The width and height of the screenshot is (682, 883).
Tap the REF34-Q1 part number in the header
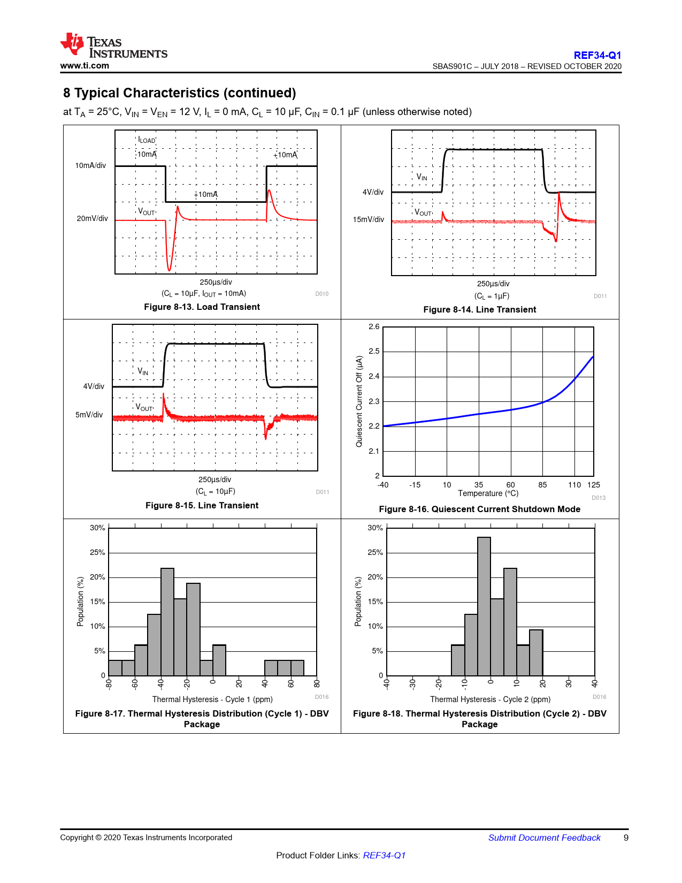[597, 55]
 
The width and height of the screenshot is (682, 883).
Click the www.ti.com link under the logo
[85, 66]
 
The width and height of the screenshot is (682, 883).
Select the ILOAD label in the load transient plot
[147, 140]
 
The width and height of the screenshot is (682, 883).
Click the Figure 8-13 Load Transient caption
[202, 307]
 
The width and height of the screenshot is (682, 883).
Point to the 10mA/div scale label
[90, 165]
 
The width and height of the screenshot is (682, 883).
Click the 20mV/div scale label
[92, 218]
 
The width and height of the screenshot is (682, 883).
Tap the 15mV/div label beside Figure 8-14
[368, 219]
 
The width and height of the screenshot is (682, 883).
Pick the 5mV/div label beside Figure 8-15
[89, 415]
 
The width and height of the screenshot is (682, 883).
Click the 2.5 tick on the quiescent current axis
[374, 351]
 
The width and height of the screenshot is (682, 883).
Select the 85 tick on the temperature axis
[542, 485]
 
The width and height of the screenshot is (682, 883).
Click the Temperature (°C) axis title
[488, 493]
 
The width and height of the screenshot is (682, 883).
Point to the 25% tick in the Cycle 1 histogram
[97, 552]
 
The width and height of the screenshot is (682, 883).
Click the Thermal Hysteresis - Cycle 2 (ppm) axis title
[490, 699]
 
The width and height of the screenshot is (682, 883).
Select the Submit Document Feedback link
[544, 838]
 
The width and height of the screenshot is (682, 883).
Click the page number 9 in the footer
[626, 838]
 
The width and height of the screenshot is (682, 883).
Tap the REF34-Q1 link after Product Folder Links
[384, 855]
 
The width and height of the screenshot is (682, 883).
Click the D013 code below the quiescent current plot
[599, 498]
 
